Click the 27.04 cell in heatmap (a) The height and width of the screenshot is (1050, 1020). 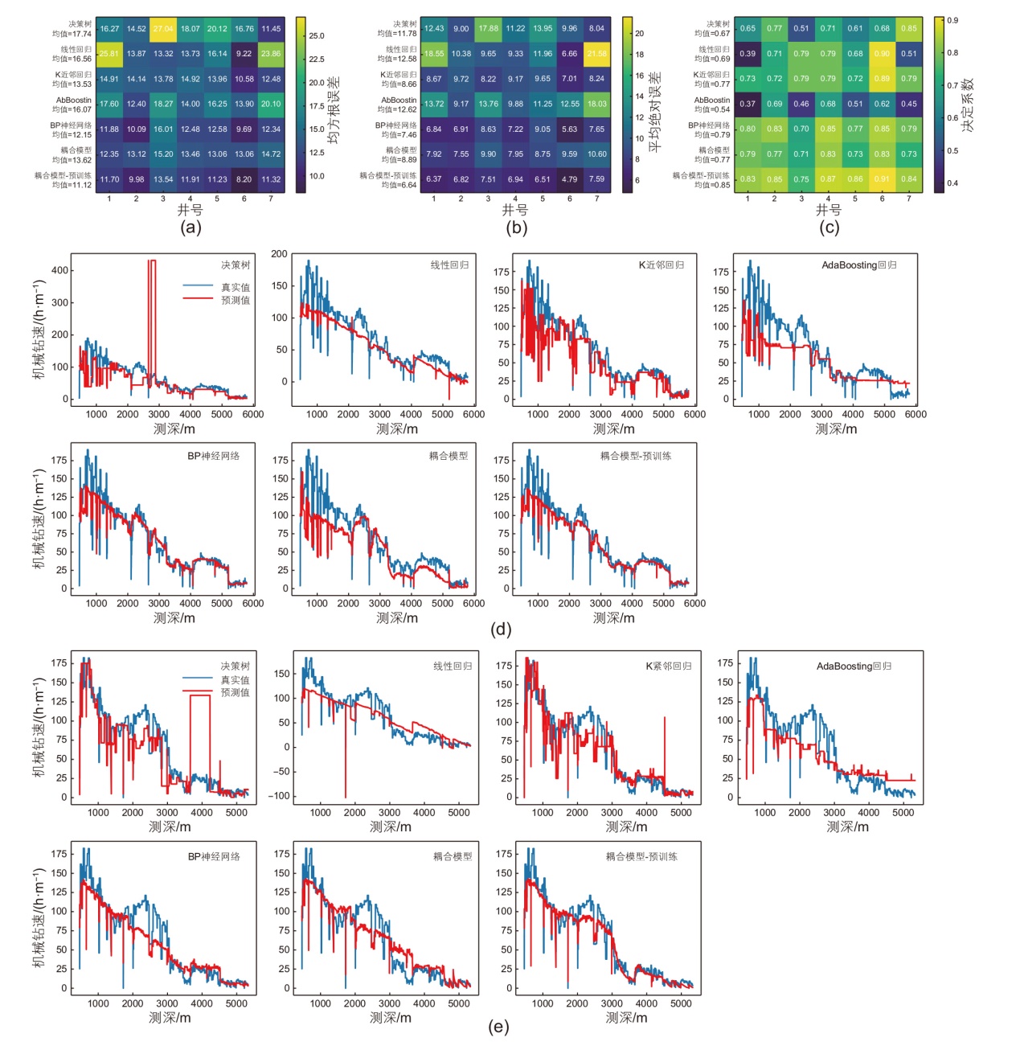point(163,29)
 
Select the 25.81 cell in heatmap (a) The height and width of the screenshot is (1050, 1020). point(109,54)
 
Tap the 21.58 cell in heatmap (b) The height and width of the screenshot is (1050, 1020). point(597,54)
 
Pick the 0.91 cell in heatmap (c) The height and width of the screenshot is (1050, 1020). point(882,179)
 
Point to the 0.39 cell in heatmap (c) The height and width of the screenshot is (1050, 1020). point(748,54)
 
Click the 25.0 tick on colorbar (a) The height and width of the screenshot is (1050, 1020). point(317,35)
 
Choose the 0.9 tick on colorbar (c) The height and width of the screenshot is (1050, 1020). point(952,20)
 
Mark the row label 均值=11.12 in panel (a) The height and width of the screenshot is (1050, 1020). point(72,185)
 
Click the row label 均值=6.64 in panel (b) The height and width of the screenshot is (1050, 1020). point(399,185)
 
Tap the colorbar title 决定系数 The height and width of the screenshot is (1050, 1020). point(968,105)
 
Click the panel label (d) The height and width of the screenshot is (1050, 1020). point(501,629)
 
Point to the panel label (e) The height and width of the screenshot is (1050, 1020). point(498,1027)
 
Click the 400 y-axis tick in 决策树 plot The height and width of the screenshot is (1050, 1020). point(60,271)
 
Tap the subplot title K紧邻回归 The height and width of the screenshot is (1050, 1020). point(669,667)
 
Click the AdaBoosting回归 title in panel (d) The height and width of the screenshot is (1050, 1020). point(859,265)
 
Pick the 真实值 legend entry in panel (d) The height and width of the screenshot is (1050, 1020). point(236,287)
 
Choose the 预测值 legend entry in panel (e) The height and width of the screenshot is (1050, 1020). point(235,692)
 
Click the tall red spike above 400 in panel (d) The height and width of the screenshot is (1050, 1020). point(152,261)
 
